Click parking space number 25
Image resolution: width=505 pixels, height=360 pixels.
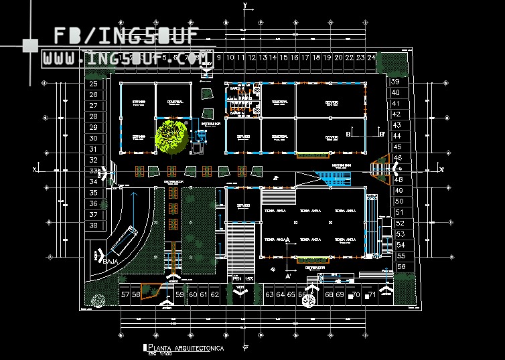click(x=93, y=84)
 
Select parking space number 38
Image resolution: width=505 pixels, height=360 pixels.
click(x=93, y=226)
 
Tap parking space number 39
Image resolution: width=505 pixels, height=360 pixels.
click(x=395, y=82)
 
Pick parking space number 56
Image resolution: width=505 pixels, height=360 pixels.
click(x=401, y=266)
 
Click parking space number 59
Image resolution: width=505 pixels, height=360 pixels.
click(x=179, y=294)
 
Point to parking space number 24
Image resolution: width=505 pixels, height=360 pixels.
click(x=371, y=58)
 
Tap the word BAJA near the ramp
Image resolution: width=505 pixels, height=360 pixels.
click(x=111, y=260)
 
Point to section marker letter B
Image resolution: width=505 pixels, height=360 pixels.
click(x=349, y=134)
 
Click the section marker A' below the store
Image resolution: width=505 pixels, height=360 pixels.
click(x=288, y=275)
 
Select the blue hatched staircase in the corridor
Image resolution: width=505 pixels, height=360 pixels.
click(x=335, y=179)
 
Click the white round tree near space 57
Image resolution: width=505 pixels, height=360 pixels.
click(x=98, y=301)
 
